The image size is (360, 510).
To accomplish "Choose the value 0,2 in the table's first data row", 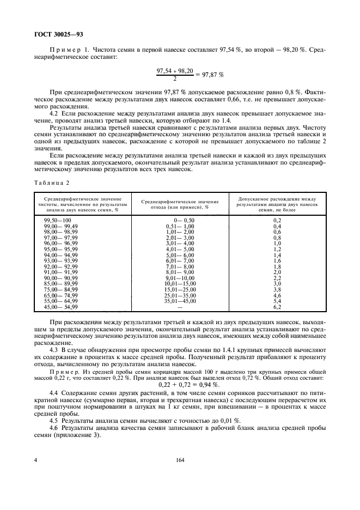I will pos(276,220).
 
